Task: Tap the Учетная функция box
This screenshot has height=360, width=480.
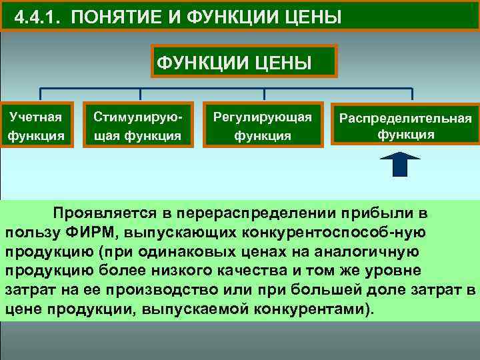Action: [36, 125]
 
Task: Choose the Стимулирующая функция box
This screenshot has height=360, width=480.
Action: [137, 125]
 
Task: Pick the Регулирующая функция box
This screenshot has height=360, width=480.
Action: [262, 125]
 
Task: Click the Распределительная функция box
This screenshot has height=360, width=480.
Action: [406, 125]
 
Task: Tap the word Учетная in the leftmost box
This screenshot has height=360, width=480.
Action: [36, 117]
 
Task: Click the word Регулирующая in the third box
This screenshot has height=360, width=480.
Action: [262, 117]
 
